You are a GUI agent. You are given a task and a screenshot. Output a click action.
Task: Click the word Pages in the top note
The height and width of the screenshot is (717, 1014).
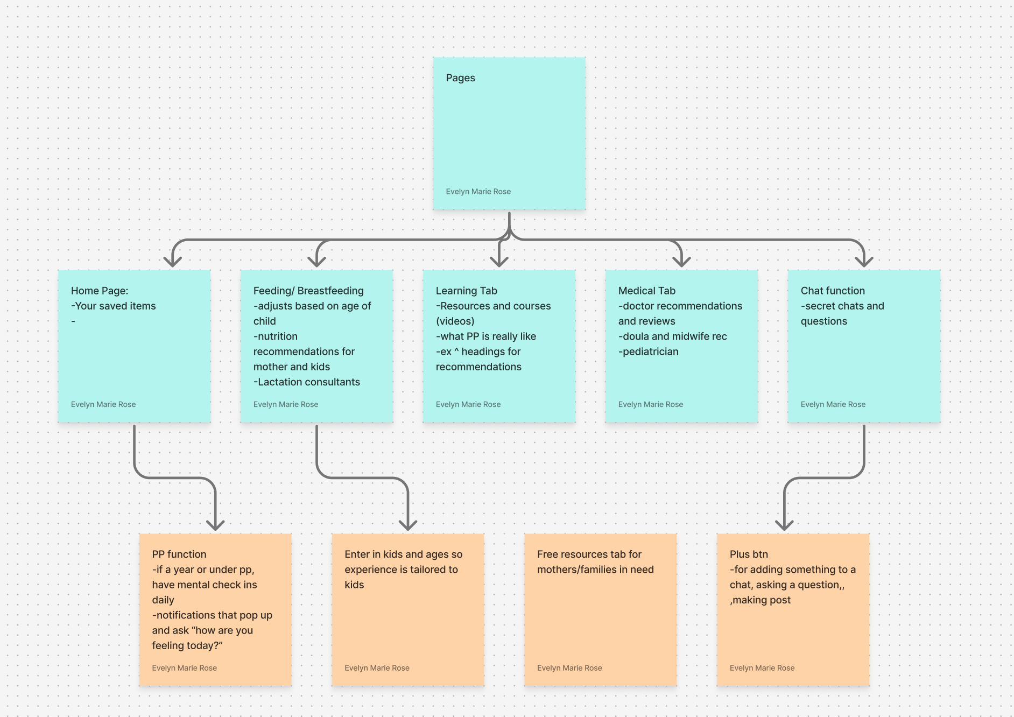460,78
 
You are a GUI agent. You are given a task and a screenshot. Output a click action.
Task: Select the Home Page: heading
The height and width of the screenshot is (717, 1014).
100,291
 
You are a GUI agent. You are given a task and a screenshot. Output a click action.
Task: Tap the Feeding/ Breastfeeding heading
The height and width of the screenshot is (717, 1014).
308,291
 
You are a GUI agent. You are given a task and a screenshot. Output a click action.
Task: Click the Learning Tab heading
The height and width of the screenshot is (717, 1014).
466,291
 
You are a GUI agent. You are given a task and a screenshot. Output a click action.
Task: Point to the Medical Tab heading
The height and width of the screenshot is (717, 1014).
646,291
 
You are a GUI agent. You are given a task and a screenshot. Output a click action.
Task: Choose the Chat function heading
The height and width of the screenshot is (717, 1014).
833,291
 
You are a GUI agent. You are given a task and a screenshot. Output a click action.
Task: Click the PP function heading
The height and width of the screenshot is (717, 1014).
179,554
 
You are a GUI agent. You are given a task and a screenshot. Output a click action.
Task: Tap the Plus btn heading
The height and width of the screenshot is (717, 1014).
749,554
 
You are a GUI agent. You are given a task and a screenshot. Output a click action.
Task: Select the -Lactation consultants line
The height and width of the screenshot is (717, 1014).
307,382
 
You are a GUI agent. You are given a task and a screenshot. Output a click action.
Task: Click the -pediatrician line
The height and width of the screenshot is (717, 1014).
649,352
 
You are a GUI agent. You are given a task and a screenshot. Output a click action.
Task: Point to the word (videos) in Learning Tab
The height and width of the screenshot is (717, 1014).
455,321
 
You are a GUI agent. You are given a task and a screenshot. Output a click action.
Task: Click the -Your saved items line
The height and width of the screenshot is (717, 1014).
114,306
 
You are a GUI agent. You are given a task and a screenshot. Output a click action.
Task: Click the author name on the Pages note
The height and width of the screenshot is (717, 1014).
478,192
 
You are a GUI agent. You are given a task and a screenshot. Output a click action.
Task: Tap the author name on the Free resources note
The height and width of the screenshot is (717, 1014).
569,668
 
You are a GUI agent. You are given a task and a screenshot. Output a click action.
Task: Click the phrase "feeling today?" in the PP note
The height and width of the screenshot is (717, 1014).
187,645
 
